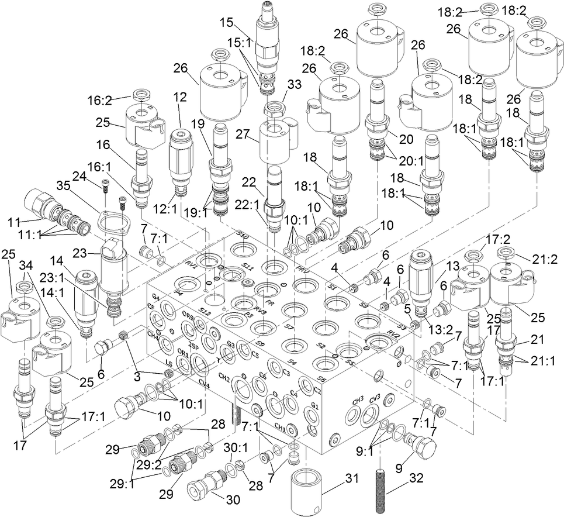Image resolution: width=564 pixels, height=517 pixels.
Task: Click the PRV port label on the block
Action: pos(302,270)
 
